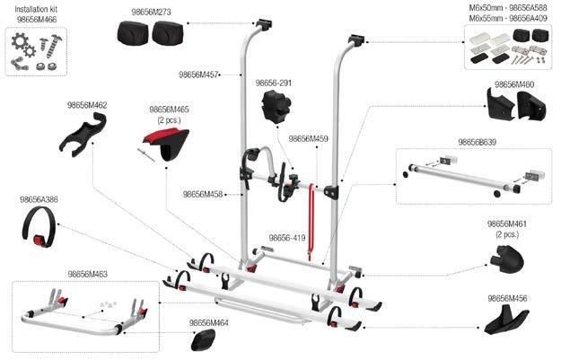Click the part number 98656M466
(36, 17)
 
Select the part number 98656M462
(87, 105)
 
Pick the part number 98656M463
(87, 274)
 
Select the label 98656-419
(287, 239)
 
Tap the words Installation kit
(36, 8)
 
